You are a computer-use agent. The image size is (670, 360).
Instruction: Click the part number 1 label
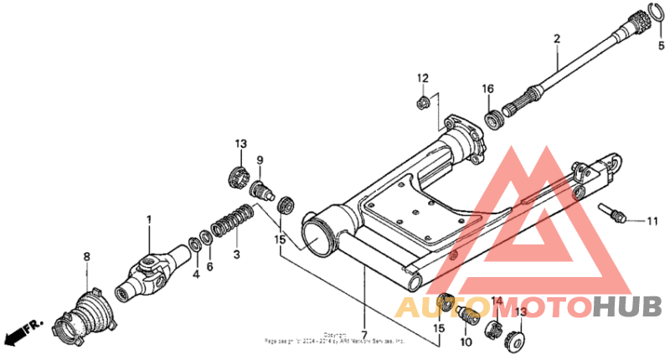coord(150,220)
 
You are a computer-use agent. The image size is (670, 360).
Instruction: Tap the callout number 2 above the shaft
coord(555,39)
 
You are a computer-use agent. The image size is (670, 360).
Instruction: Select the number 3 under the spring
coord(236,253)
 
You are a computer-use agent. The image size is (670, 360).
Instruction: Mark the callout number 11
coord(652,221)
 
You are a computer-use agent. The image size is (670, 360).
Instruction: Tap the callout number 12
coord(424,78)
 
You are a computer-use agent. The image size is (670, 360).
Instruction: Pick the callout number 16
coord(487,88)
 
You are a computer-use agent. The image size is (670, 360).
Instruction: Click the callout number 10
coord(466,342)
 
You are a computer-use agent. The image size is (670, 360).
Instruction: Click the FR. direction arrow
coord(23,332)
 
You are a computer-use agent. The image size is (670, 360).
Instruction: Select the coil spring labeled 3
coord(231,224)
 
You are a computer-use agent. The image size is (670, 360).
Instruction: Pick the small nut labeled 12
coord(423,104)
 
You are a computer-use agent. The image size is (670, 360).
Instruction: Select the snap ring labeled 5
coord(647,16)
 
